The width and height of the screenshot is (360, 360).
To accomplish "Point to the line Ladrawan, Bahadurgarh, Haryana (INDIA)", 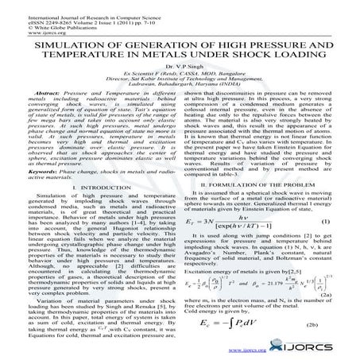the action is coord(180,98).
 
